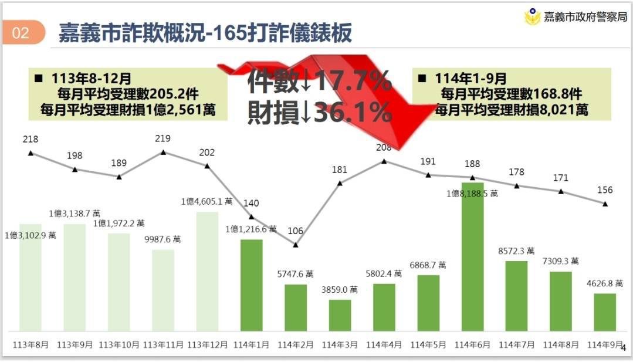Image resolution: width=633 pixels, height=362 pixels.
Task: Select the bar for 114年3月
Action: (x=340, y=315)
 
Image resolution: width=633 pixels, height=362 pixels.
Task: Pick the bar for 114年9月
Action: (x=605, y=312)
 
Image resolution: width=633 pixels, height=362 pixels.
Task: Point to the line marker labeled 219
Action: (x=163, y=153)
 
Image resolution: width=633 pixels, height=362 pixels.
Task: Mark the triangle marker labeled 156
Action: (x=605, y=204)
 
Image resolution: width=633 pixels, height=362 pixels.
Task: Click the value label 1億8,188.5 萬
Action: (x=472, y=193)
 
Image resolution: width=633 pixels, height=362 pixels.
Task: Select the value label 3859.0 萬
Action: (x=340, y=289)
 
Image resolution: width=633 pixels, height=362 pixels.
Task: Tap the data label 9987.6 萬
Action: (x=163, y=239)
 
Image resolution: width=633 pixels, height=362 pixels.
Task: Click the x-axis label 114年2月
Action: (x=295, y=345)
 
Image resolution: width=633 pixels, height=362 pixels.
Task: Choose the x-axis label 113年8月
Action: (x=30, y=345)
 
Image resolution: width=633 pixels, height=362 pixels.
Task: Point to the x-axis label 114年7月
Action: (x=516, y=345)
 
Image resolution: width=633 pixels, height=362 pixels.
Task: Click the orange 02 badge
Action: (x=21, y=33)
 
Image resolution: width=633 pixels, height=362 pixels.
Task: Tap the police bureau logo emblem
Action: (x=532, y=16)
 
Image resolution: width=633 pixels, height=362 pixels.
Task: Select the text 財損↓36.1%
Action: (x=319, y=112)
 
